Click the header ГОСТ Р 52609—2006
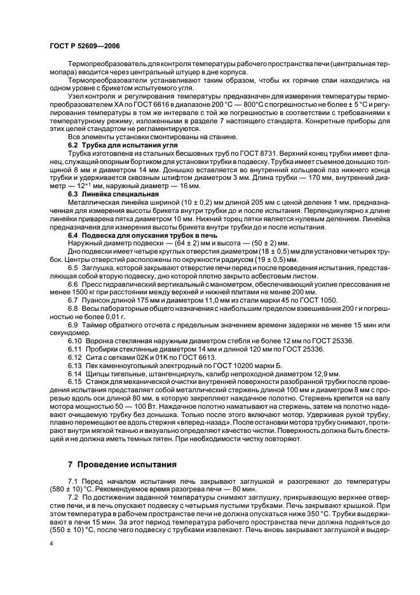(84, 46)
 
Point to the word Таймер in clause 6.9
(94, 326)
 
